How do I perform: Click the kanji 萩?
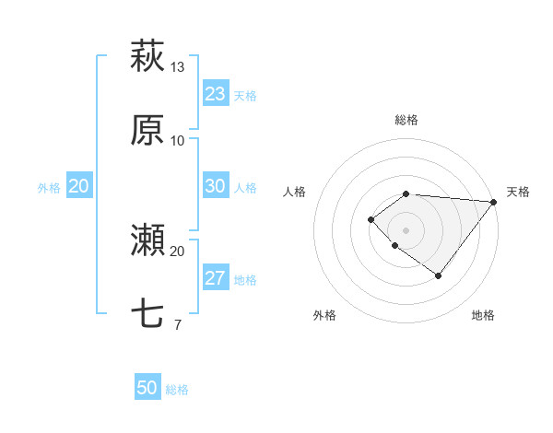(147, 55)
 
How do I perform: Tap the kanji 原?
(147, 130)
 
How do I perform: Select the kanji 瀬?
(147, 241)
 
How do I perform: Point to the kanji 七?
(147, 314)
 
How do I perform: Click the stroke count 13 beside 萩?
(178, 66)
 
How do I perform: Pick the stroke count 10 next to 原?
(178, 140)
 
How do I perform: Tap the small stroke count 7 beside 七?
(177, 324)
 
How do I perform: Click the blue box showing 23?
(215, 94)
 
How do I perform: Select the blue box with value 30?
(215, 186)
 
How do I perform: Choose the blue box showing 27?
(215, 278)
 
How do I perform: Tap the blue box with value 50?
(147, 388)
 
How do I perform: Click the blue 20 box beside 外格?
(78, 186)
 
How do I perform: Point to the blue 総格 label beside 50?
(177, 390)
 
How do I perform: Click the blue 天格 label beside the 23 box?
(245, 96)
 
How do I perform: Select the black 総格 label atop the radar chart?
(406, 120)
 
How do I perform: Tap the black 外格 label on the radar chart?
(324, 315)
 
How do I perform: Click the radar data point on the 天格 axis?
(494, 202)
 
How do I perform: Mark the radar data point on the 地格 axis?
(438, 275)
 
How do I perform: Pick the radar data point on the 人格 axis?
(371, 219)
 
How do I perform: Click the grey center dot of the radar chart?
(406, 229)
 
